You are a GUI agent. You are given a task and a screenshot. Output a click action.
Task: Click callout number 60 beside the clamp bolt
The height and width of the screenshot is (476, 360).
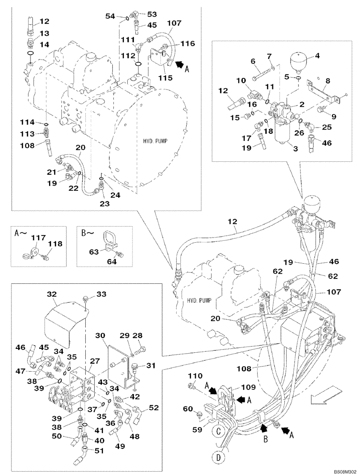click(x=189, y=409)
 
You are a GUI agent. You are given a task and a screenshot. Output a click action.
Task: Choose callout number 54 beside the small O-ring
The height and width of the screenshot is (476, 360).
click(x=110, y=16)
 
